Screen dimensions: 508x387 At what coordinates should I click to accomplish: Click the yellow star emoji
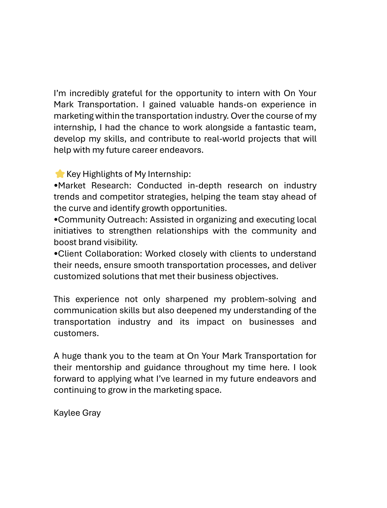60,174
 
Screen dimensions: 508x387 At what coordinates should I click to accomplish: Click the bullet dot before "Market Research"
56,186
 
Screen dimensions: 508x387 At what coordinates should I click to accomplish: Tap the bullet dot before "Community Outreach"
56,220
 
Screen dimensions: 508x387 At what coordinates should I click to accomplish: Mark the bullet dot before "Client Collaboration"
56,254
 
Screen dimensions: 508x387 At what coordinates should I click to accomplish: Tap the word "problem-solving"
263,299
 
